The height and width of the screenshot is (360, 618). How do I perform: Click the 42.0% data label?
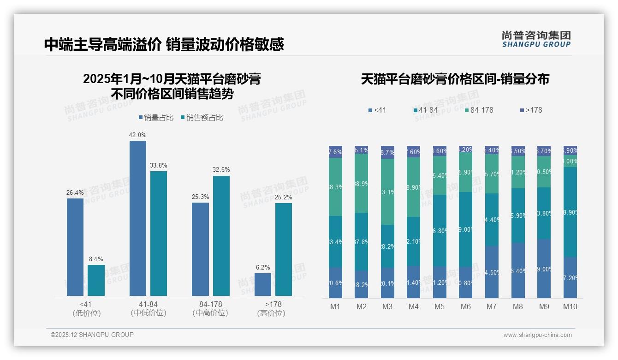point(138,135)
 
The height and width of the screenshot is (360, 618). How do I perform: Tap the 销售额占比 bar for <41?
point(96,280)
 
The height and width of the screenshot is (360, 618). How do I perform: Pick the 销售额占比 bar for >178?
point(284,249)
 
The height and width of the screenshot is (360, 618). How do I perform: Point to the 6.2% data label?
point(263,267)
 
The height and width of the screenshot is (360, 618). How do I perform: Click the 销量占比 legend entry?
point(156,118)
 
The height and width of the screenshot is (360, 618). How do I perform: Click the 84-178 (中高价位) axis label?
point(210,308)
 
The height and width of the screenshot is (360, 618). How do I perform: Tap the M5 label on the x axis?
point(440,306)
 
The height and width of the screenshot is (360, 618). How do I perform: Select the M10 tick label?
point(570,306)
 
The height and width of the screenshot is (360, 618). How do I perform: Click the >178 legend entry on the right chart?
point(531,110)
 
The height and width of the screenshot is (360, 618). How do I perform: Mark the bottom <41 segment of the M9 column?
point(544,269)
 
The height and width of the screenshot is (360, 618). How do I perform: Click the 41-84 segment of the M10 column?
point(570,212)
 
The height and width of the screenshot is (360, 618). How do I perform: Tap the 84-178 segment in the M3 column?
point(387,192)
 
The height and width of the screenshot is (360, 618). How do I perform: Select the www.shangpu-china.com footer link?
point(537,335)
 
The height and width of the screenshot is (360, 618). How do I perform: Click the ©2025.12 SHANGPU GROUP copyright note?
point(92,335)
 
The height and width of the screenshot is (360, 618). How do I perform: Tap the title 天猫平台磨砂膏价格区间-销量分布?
point(455,79)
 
